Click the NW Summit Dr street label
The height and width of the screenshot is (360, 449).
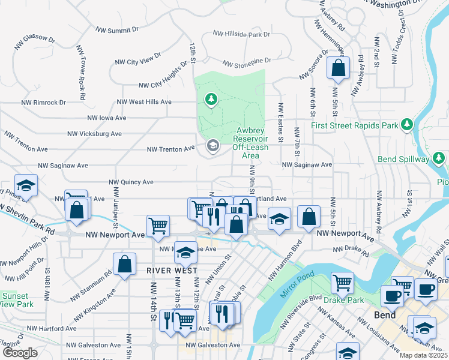point(118,29)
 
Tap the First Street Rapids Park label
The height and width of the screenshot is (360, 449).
point(355,126)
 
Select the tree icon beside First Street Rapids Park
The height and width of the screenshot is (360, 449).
point(408,124)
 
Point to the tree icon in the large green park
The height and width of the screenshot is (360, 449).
point(211,98)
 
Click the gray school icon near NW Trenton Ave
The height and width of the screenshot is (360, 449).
point(212,146)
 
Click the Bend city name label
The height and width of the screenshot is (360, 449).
point(385,315)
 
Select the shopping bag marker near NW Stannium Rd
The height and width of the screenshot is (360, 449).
point(124,265)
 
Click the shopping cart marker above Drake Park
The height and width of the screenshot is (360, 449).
point(342,282)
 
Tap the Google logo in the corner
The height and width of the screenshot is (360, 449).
point(20,353)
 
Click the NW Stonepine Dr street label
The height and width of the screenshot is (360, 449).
point(247,61)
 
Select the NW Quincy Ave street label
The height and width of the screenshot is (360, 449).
point(130,182)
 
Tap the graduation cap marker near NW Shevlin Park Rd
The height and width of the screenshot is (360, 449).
point(26,185)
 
